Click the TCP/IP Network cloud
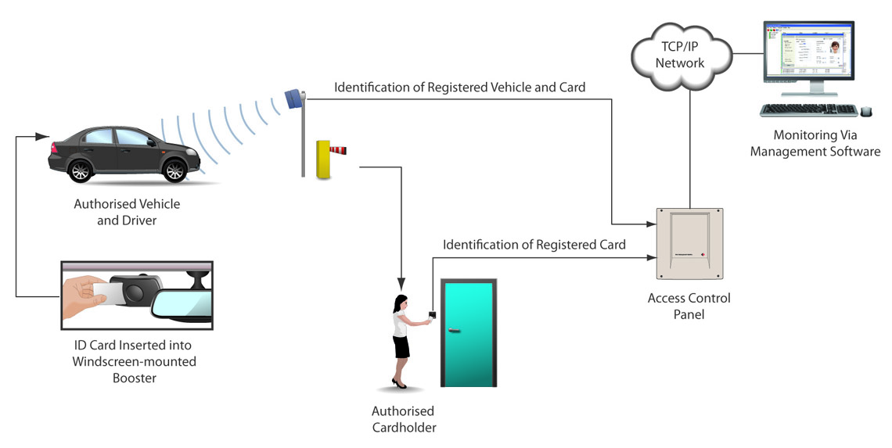click(x=680, y=55)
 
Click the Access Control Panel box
click(x=689, y=244)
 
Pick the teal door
click(x=468, y=332)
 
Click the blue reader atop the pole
click(x=294, y=99)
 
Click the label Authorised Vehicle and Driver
click(x=127, y=212)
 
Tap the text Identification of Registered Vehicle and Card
click(x=459, y=88)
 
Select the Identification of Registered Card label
click(x=534, y=245)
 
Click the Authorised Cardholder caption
click(x=403, y=419)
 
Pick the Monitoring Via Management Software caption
click(x=815, y=144)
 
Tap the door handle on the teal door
click(x=455, y=331)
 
